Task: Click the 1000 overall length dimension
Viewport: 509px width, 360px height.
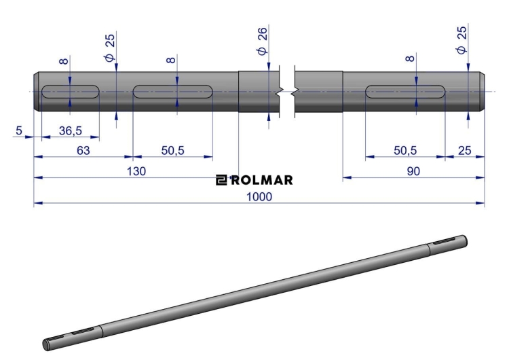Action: [259, 196]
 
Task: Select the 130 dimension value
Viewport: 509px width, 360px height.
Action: [136, 171]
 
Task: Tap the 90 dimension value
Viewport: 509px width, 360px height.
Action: [413, 171]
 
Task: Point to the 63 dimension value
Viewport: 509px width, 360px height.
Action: [83, 150]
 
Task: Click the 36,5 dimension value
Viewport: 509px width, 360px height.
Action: [71, 130]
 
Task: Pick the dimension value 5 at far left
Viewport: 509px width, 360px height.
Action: [19, 130]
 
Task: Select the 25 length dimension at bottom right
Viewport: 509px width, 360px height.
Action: [464, 150]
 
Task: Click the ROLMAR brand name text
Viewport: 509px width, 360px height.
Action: [262, 180]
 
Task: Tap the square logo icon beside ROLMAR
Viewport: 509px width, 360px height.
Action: [222, 180]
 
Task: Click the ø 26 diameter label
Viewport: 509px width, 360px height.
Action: [262, 41]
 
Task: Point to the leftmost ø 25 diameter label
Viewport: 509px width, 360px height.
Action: [110, 48]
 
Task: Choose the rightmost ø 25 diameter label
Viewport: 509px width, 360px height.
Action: [461, 40]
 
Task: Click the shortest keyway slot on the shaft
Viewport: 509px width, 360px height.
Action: [71, 92]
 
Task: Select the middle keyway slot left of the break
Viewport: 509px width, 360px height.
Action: [172, 92]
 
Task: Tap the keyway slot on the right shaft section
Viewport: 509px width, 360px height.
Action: [405, 92]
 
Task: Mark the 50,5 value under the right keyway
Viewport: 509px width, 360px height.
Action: [405, 150]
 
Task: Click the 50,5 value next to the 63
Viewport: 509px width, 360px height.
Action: [172, 150]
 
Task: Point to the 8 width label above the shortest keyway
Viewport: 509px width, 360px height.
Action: [64, 61]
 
